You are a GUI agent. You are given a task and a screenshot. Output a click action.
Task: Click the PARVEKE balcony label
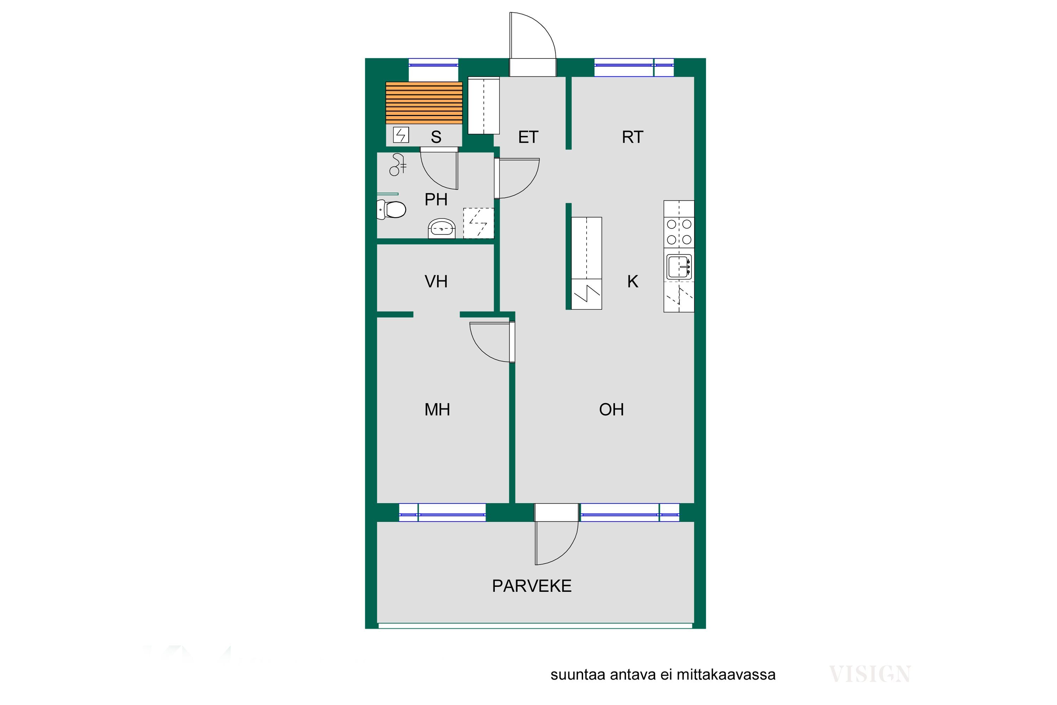[532, 586]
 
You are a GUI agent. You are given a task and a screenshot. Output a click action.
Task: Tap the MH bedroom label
[437, 410]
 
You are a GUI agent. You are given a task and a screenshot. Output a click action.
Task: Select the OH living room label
[611, 410]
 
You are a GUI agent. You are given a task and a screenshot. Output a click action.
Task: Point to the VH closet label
[436, 281]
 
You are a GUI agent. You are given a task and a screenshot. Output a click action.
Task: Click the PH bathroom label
[436, 199]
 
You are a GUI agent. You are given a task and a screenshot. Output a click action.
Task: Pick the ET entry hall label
[528, 137]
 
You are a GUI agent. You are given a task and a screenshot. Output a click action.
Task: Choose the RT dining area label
[632, 137]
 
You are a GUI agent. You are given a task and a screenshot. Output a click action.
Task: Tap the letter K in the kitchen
[633, 281]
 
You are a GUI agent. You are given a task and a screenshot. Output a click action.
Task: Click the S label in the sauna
[436, 137]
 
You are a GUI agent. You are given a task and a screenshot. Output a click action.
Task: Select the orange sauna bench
[424, 103]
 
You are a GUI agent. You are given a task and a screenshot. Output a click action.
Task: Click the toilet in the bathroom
[391, 209]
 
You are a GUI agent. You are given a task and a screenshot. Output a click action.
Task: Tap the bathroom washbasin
[442, 228]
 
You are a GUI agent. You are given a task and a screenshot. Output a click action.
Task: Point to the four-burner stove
[679, 232]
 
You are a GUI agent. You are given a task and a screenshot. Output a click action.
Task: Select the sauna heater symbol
[401, 135]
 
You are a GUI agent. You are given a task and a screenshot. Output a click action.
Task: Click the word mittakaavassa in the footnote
[726, 675]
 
